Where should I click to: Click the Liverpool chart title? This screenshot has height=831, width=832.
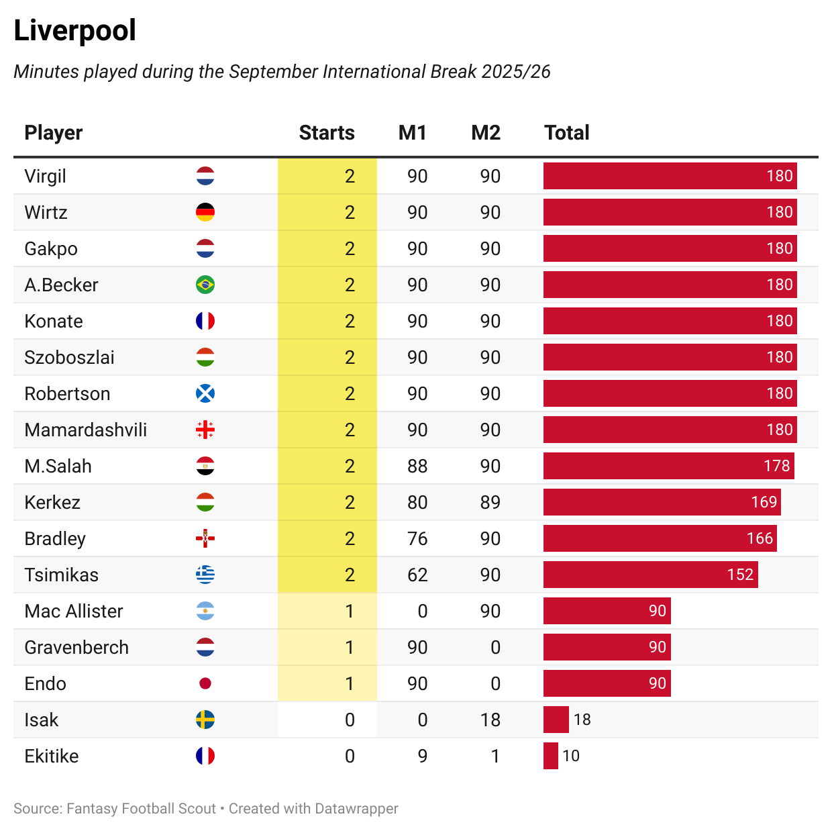(74, 31)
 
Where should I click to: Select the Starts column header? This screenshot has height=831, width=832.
(326, 133)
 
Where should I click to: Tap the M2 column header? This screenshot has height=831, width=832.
(486, 133)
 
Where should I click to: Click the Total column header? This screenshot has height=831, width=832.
(566, 133)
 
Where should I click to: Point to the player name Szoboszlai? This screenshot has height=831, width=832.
(69, 357)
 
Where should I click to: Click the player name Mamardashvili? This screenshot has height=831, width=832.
(85, 430)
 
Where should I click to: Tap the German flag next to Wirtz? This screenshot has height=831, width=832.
(205, 212)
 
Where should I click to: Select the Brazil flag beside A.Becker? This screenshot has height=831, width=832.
(205, 285)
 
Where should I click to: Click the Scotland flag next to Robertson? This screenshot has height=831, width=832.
(205, 393)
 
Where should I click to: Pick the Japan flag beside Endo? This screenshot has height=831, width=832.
(205, 683)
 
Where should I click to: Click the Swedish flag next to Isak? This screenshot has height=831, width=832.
(205, 720)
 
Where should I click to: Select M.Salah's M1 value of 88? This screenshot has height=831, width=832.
(417, 466)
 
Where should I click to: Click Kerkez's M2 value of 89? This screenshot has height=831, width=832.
(490, 502)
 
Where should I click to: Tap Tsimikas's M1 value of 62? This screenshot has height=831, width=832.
(417, 575)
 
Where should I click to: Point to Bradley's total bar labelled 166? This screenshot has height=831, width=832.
(660, 538)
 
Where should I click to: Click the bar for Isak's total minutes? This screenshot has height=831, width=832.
(556, 720)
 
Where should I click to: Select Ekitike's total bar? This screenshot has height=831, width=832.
(550, 756)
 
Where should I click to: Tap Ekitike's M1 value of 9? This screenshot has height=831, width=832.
(422, 756)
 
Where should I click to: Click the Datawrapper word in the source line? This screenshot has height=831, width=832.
(356, 809)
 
